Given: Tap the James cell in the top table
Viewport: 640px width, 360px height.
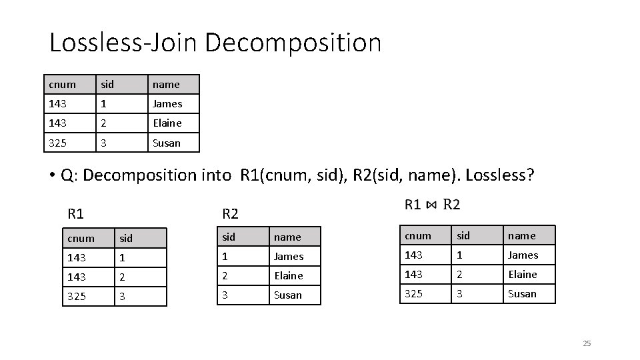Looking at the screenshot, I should (x=167, y=104).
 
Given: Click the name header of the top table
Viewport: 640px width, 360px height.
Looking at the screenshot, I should (x=166, y=85).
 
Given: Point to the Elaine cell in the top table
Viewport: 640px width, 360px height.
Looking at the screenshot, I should (x=167, y=123).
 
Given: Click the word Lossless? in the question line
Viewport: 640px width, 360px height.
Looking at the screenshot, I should (x=500, y=175).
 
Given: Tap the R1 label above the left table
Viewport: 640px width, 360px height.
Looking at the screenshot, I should (x=75, y=214).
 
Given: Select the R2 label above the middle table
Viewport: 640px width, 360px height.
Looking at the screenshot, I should (x=230, y=214).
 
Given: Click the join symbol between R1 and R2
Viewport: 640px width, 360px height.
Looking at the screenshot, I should (x=432, y=205).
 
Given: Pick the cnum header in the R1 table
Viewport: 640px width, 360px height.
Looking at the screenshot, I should (x=81, y=238).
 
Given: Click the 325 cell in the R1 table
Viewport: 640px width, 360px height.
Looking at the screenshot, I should (x=77, y=295).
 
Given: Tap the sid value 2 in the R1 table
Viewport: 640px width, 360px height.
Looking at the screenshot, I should (x=122, y=276).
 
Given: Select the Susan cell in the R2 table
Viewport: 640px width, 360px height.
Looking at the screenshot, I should (x=288, y=295).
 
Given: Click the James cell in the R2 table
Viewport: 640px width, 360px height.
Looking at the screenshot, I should (x=289, y=257).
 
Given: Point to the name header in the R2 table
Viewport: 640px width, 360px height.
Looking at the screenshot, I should (x=287, y=237).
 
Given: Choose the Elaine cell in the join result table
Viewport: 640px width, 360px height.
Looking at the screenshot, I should (x=523, y=275).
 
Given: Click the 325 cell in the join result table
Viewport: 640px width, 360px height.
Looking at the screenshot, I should (x=415, y=294).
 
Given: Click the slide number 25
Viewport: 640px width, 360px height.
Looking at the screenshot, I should (x=587, y=343).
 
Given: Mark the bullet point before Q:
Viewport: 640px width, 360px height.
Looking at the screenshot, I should (x=51, y=176).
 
